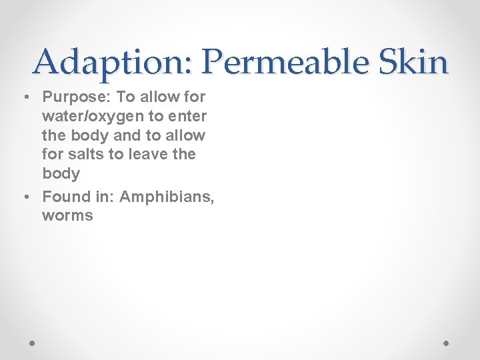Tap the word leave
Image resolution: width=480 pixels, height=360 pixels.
147,154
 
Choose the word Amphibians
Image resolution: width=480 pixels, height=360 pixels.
167,197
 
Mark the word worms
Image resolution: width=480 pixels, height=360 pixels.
67,216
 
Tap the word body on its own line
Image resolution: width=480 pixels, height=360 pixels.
61,174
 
